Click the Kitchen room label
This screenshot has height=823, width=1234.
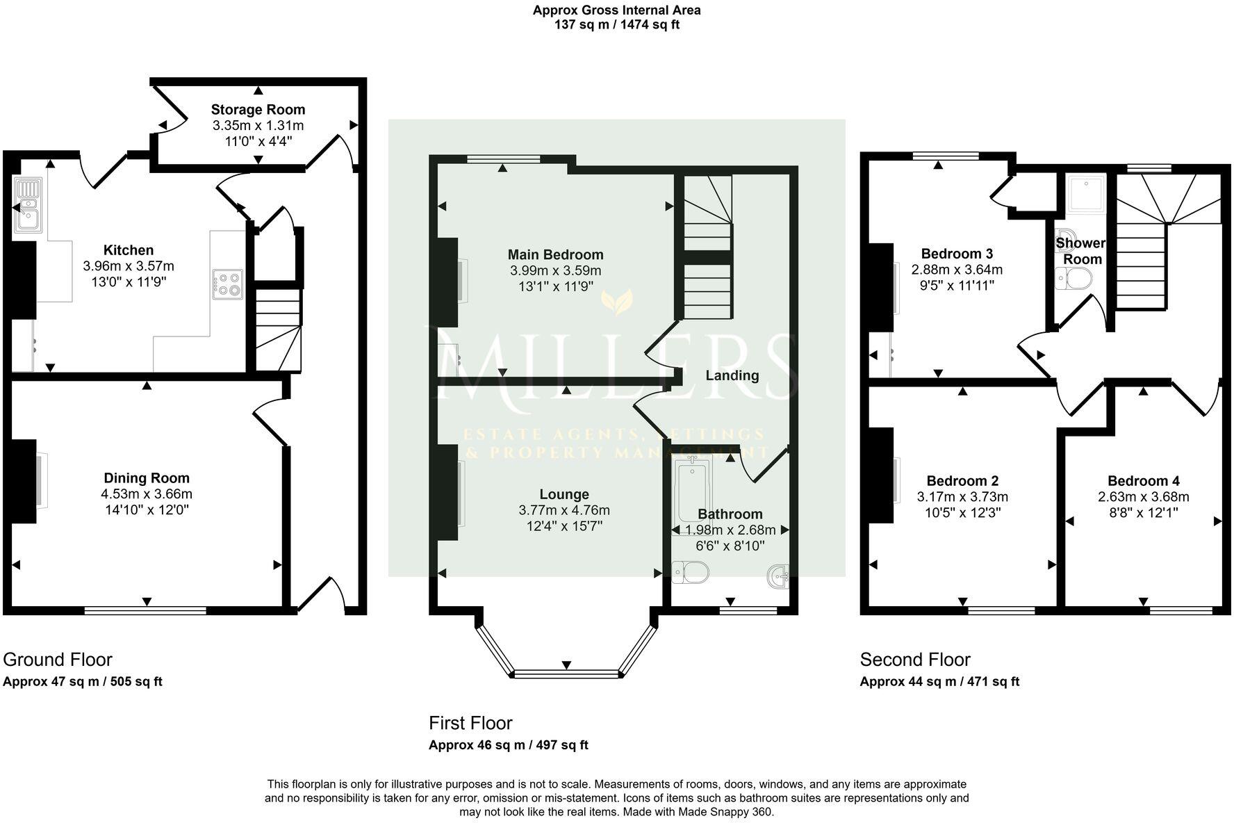129,250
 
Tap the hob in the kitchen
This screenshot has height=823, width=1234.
229,284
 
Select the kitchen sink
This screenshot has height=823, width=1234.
28,206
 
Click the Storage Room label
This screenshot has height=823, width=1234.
258,109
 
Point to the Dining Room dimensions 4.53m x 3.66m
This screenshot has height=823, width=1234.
146,494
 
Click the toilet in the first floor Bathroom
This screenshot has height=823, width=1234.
691,573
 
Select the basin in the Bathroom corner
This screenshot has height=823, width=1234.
779,576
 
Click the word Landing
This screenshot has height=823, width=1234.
732,375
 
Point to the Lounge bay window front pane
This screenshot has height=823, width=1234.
566,674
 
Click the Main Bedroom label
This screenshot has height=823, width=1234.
555,254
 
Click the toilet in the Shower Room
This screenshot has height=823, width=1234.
1074,279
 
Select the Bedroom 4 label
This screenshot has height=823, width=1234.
1143,481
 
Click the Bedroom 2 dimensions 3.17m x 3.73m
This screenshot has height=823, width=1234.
962,497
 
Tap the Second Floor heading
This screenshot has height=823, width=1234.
914,659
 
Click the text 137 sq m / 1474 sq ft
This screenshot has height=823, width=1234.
616,25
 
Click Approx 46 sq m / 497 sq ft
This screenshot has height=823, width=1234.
508,745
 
